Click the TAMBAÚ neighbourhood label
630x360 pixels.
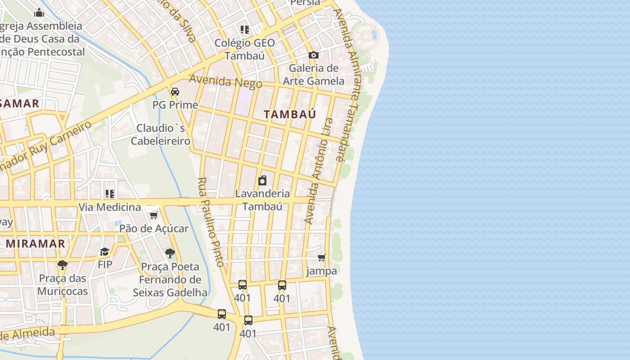290,114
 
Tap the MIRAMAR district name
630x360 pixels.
36,243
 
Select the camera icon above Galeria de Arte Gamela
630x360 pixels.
314,55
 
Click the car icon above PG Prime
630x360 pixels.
175,91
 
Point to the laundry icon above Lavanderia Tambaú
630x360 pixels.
262,180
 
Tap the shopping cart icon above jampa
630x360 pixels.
321,257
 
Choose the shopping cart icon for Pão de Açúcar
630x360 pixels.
153,215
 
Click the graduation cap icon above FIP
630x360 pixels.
105,251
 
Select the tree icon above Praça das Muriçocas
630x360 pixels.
63,265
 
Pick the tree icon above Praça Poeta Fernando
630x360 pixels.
170,253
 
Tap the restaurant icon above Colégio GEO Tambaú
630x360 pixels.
244,30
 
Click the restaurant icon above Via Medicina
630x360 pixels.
109,194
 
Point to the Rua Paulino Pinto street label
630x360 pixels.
210,222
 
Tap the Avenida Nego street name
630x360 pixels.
225,81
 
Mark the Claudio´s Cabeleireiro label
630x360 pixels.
161,135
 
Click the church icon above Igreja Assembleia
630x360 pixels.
40,13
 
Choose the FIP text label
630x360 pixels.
105,265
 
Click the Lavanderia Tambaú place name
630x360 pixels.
262,200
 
